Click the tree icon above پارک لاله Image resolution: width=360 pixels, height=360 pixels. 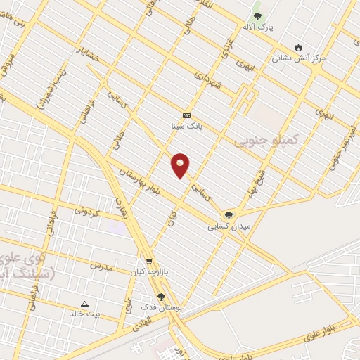[x=257, y=15]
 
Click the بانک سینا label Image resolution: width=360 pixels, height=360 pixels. [x=186, y=127]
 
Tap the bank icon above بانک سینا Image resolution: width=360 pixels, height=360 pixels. [x=186, y=115]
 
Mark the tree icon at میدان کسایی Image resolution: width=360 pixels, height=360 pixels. [x=229, y=215]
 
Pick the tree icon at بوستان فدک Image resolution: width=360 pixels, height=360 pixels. [x=162, y=297]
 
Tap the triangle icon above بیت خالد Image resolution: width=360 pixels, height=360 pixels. [x=85, y=304]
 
